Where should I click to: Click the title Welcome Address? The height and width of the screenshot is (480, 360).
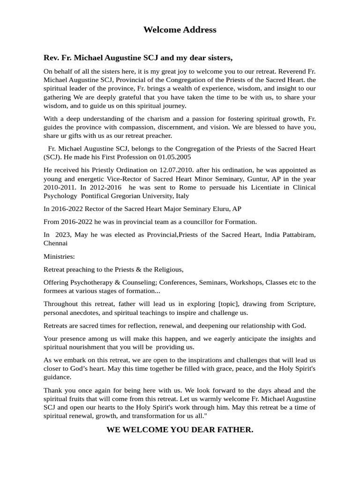pyautogui.click(x=180, y=30)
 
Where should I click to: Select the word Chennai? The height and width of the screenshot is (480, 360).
pyautogui.click(x=55, y=243)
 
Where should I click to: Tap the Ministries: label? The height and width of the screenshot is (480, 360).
pyautogui.click(x=59, y=256)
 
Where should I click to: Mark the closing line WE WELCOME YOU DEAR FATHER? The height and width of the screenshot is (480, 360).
pyautogui.click(x=180, y=429)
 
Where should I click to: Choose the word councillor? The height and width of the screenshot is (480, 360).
pyautogui.click(x=197, y=222)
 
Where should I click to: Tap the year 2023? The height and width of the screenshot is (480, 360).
pyautogui.click(x=65, y=235)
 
